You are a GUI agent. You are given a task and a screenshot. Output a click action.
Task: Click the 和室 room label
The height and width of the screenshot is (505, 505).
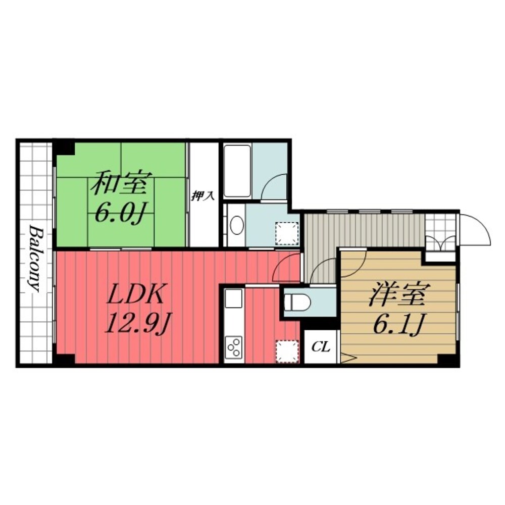[x=119, y=184]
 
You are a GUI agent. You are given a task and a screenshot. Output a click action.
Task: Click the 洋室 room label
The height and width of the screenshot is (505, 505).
[x=398, y=295]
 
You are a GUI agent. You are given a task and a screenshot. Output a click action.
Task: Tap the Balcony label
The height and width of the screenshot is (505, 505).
[x=35, y=259]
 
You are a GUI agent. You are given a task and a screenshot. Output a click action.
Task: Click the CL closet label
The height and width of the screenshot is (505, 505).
[x=321, y=347]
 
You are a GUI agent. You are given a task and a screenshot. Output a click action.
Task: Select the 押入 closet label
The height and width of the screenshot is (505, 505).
[x=203, y=196]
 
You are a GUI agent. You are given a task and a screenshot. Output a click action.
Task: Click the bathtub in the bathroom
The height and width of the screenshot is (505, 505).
[x=237, y=171]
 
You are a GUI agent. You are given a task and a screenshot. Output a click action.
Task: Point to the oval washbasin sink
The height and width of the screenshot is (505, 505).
[x=236, y=226]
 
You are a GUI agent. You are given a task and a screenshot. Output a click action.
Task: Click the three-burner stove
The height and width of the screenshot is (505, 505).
[x=233, y=347]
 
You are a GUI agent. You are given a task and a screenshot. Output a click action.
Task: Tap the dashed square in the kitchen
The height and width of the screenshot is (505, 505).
[x=287, y=351]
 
